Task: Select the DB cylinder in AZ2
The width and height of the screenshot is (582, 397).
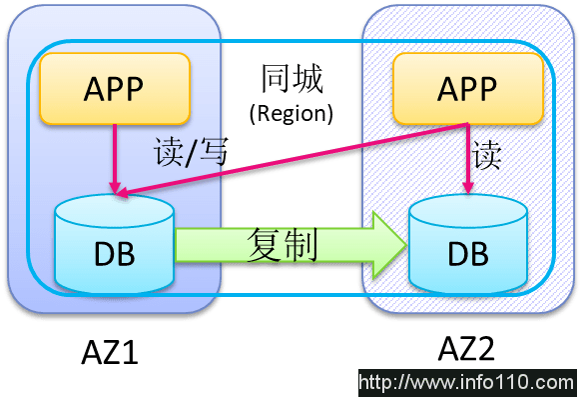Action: (x=468, y=245)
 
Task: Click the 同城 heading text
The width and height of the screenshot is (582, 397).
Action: (x=291, y=79)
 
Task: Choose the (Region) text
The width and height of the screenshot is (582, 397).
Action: (x=291, y=112)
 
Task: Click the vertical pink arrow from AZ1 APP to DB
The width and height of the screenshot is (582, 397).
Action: (x=116, y=155)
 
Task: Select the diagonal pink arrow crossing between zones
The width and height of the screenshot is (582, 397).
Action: (x=299, y=159)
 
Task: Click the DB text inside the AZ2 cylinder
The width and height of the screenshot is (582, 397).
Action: (x=468, y=254)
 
